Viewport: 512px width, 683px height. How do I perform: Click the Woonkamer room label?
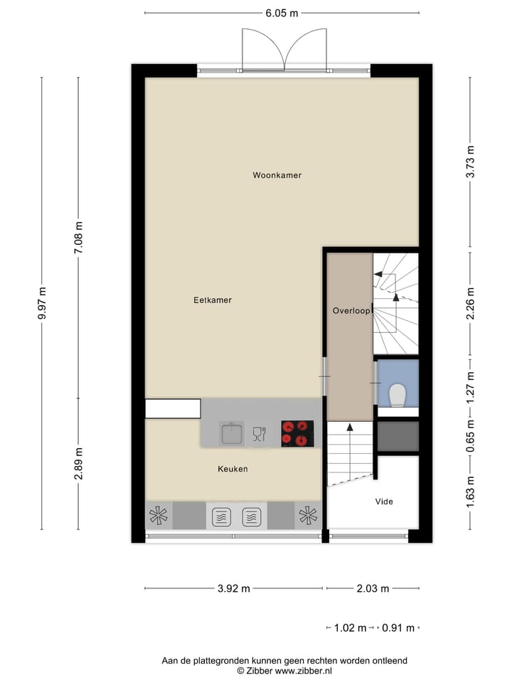coord(277,175)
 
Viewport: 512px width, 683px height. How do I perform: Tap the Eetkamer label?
coord(213,300)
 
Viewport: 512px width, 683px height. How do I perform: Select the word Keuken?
coord(233,469)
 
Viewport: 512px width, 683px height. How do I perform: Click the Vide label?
coord(384,502)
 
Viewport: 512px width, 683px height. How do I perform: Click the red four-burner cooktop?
coord(297,433)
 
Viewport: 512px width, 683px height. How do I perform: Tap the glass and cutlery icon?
coord(259,433)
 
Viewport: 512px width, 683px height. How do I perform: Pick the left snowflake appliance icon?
coord(159,516)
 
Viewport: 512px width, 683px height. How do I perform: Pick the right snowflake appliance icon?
coord(308,516)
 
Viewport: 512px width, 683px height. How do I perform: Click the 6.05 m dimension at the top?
coord(282,12)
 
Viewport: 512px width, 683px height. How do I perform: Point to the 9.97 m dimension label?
coord(42,303)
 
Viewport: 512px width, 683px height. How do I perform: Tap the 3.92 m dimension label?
coord(233,588)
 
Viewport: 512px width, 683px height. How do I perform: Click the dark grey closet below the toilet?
coord(398,436)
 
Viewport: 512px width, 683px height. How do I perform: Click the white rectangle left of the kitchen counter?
coord(173,408)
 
